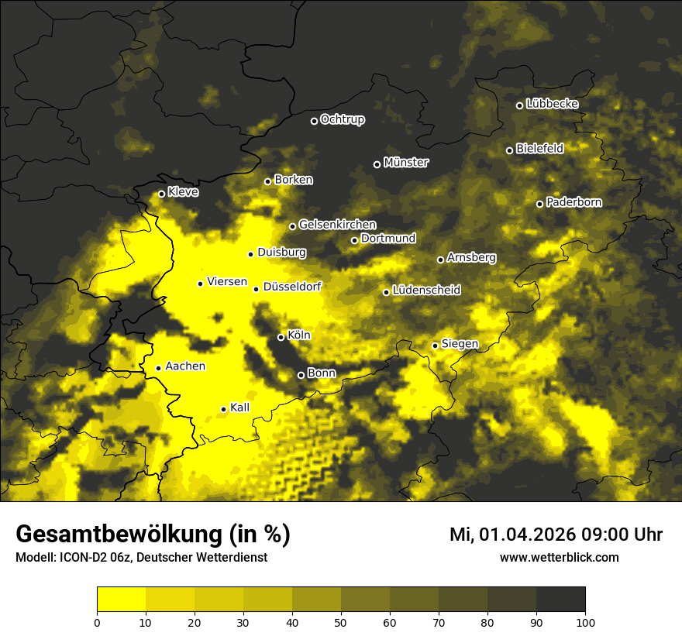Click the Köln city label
pos(298,335)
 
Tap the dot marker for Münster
pos(377,164)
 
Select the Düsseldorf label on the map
pos(291,287)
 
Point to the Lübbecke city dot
pos(519,105)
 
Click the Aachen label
pos(184,366)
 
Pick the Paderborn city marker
pos(539,204)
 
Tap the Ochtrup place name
pos(342,119)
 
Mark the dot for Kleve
pos(161,194)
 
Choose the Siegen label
pos(460,343)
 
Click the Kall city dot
pos(223,409)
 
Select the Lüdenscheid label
pos(426,290)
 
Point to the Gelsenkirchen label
pos(337,225)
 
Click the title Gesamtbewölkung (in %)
pos(153,535)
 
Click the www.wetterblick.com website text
pos(559,557)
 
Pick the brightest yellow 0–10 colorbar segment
pos(121,600)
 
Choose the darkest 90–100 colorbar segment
pos(560,600)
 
